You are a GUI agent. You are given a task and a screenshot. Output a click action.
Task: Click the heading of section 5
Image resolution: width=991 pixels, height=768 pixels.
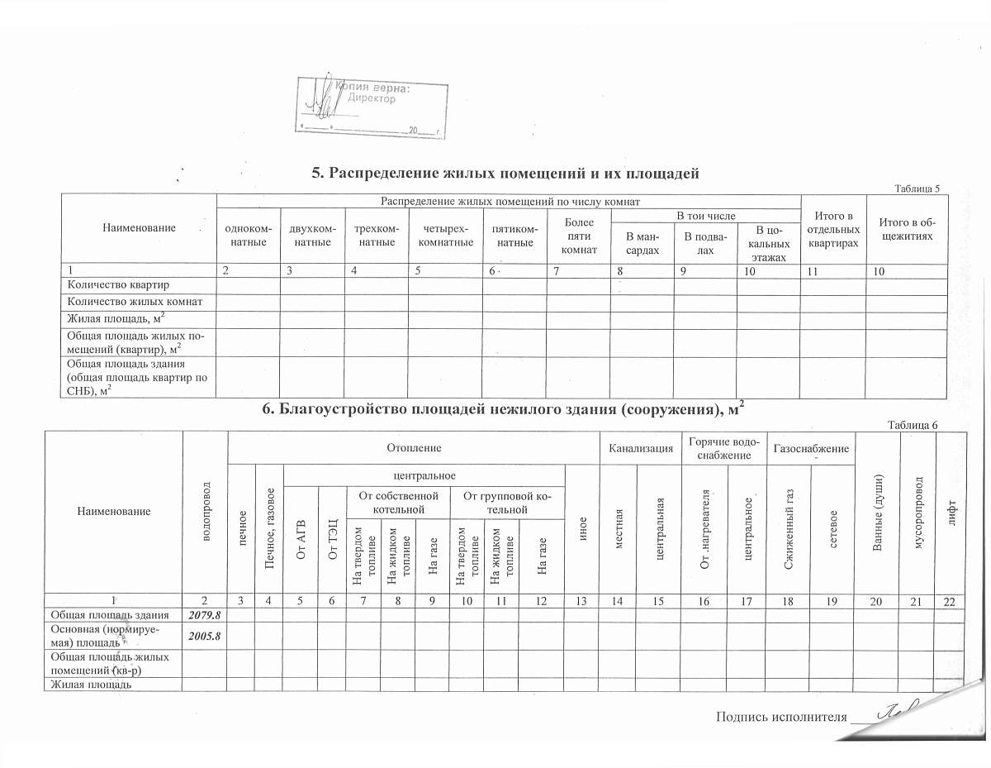505,173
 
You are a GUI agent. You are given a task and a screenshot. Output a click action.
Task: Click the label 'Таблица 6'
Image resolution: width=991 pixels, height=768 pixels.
912,424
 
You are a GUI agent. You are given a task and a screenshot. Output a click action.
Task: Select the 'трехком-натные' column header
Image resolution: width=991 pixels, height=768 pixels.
376,235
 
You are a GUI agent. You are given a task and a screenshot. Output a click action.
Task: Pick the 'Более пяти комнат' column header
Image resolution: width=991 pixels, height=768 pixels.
578,235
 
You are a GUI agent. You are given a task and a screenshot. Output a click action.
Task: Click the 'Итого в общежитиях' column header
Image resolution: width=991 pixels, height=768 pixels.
905,228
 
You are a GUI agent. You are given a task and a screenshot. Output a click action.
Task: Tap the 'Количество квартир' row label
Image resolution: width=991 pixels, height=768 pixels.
111,285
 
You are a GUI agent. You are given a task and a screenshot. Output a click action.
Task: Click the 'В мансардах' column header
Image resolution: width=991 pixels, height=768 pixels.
642,243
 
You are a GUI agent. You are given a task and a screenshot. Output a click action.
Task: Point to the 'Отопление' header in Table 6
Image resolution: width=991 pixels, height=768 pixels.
396,447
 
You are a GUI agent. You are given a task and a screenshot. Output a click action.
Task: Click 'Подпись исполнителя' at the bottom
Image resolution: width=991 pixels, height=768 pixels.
782,716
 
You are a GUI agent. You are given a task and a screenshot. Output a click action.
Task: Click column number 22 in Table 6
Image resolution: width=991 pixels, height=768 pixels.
949,601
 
